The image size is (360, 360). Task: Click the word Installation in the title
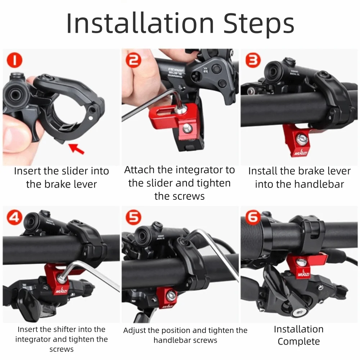click(x=140, y=24)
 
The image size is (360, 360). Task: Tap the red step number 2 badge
click(x=134, y=60)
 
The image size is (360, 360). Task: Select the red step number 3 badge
click(x=253, y=60)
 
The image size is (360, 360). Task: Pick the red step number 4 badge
click(x=14, y=217)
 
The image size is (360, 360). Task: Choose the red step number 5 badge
click(x=134, y=217)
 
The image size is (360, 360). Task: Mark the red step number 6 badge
click(x=252, y=217)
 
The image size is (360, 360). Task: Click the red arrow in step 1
click(x=76, y=148)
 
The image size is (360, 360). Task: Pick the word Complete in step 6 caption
click(x=298, y=341)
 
